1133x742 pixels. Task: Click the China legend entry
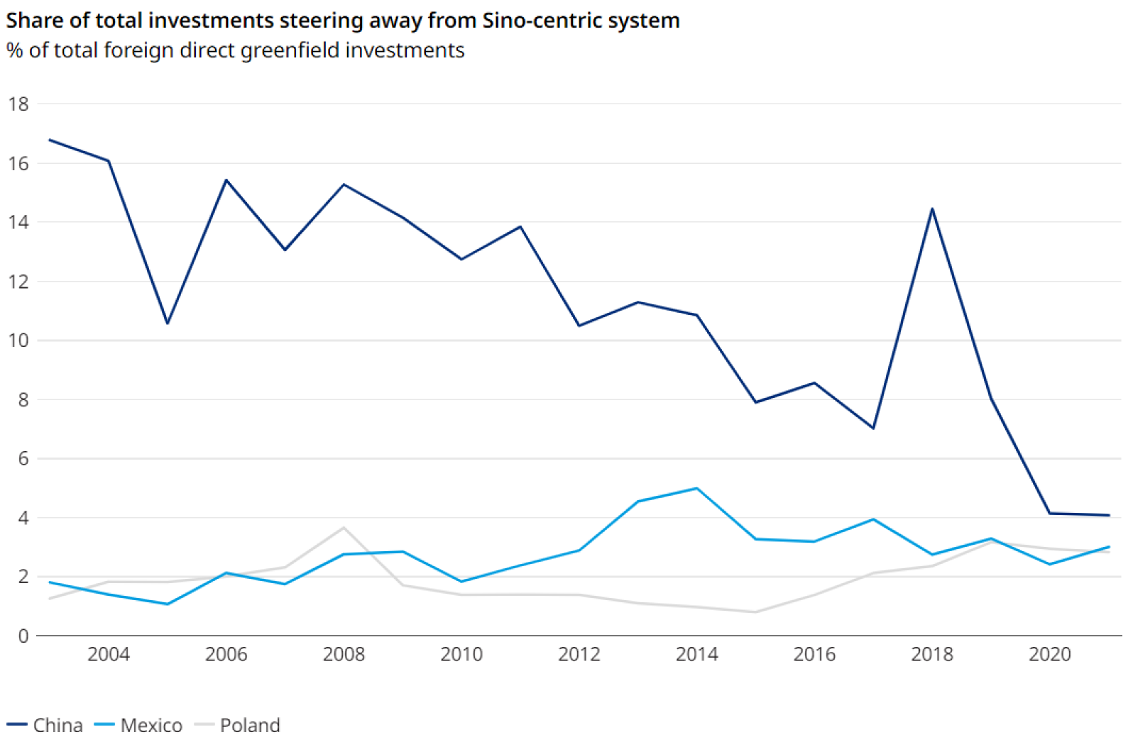pyautogui.click(x=57, y=725)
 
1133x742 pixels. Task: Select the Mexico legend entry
pyautogui.click(x=150, y=725)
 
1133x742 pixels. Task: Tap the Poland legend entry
pyautogui.click(x=249, y=725)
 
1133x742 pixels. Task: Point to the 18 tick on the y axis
pyautogui.click(x=18, y=104)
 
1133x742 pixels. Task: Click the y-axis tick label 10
pyautogui.click(x=18, y=340)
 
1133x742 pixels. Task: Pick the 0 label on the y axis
pyautogui.click(x=23, y=636)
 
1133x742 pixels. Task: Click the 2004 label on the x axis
pyautogui.click(x=109, y=654)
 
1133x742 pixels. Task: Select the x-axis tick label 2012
pyautogui.click(x=579, y=654)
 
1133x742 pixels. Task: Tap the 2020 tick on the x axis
pyautogui.click(x=1049, y=654)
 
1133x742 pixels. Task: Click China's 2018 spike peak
pyautogui.click(x=932, y=209)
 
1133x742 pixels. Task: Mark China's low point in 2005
pyautogui.click(x=168, y=323)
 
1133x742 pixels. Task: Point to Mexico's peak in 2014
pyautogui.click(x=697, y=489)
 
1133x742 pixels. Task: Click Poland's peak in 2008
pyautogui.click(x=344, y=528)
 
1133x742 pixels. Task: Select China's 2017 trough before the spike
pyautogui.click(x=873, y=428)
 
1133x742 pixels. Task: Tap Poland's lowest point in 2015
pyautogui.click(x=756, y=612)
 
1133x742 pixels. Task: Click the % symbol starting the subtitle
pyautogui.click(x=14, y=50)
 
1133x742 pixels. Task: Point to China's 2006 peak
pyautogui.click(x=226, y=180)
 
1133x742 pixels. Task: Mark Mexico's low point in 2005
pyautogui.click(x=168, y=604)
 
